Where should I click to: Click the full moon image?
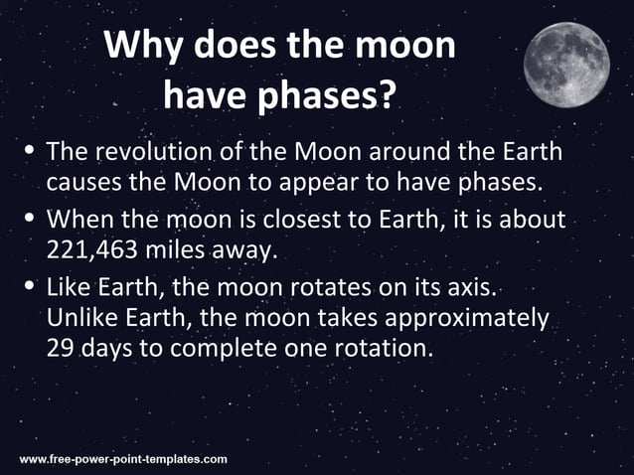click(x=566, y=64)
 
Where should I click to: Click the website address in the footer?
click(x=123, y=459)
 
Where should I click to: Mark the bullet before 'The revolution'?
click(x=30, y=151)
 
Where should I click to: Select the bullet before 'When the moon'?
click(x=30, y=218)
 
